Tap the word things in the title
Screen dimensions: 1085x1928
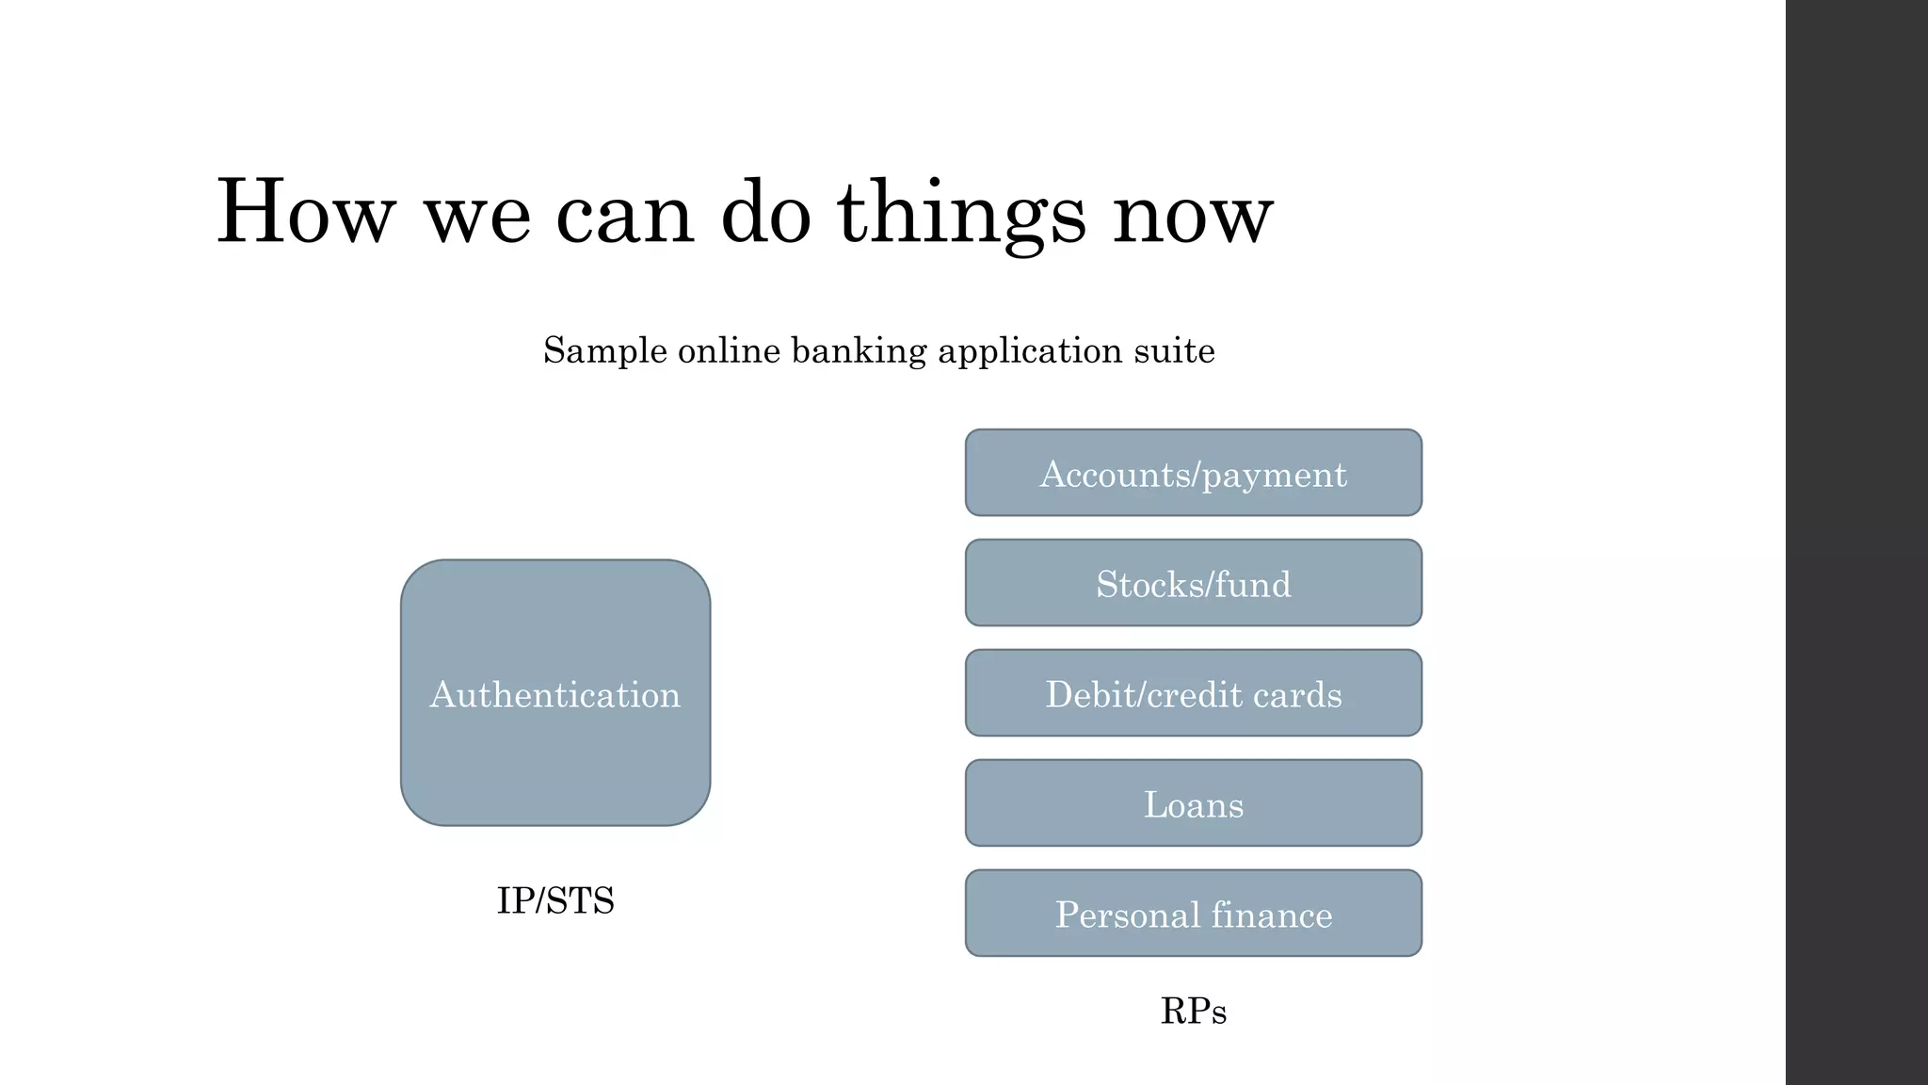pos(961,215)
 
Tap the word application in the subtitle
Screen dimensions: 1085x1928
pos(1030,351)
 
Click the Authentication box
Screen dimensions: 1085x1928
pos(555,693)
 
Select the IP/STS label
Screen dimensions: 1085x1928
pos(555,901)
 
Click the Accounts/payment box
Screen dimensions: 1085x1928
pos(1193,474)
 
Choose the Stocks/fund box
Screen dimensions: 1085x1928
pos(1193,584)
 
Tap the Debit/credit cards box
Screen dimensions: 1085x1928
pos(1193,694)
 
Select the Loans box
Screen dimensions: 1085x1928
pos(1193,804)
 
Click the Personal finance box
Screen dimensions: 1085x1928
pos(1193,915)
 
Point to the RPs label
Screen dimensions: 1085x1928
pos(1193,1012)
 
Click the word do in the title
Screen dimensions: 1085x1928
pos(765,215)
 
